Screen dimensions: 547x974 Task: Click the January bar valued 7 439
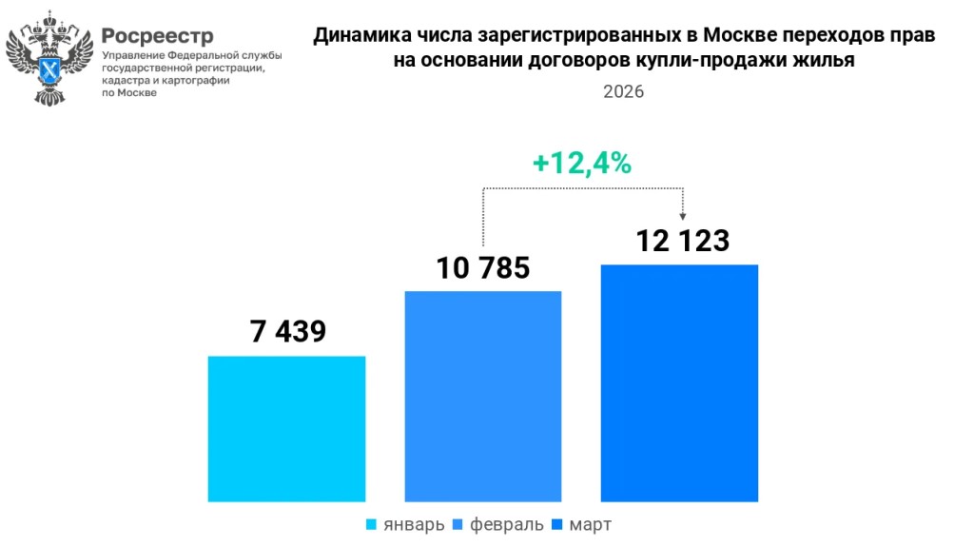[x=286, y=428]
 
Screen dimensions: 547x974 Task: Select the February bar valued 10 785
[x=483, y=395]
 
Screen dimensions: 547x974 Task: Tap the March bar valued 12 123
[x=679, y=381]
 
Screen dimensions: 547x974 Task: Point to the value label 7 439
[x=288, y=331]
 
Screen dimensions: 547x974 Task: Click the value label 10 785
[x=483, y=268]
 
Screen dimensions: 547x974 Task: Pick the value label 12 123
[x=683, y=241]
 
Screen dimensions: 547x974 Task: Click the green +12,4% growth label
[x=582, y=164]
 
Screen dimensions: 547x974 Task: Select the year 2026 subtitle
[x=623, y=92]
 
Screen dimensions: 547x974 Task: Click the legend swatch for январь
[x=371, y=525]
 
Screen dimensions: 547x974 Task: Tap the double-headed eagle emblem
[x=50, y=57]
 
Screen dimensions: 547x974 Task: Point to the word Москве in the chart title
[x=735, y=36]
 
